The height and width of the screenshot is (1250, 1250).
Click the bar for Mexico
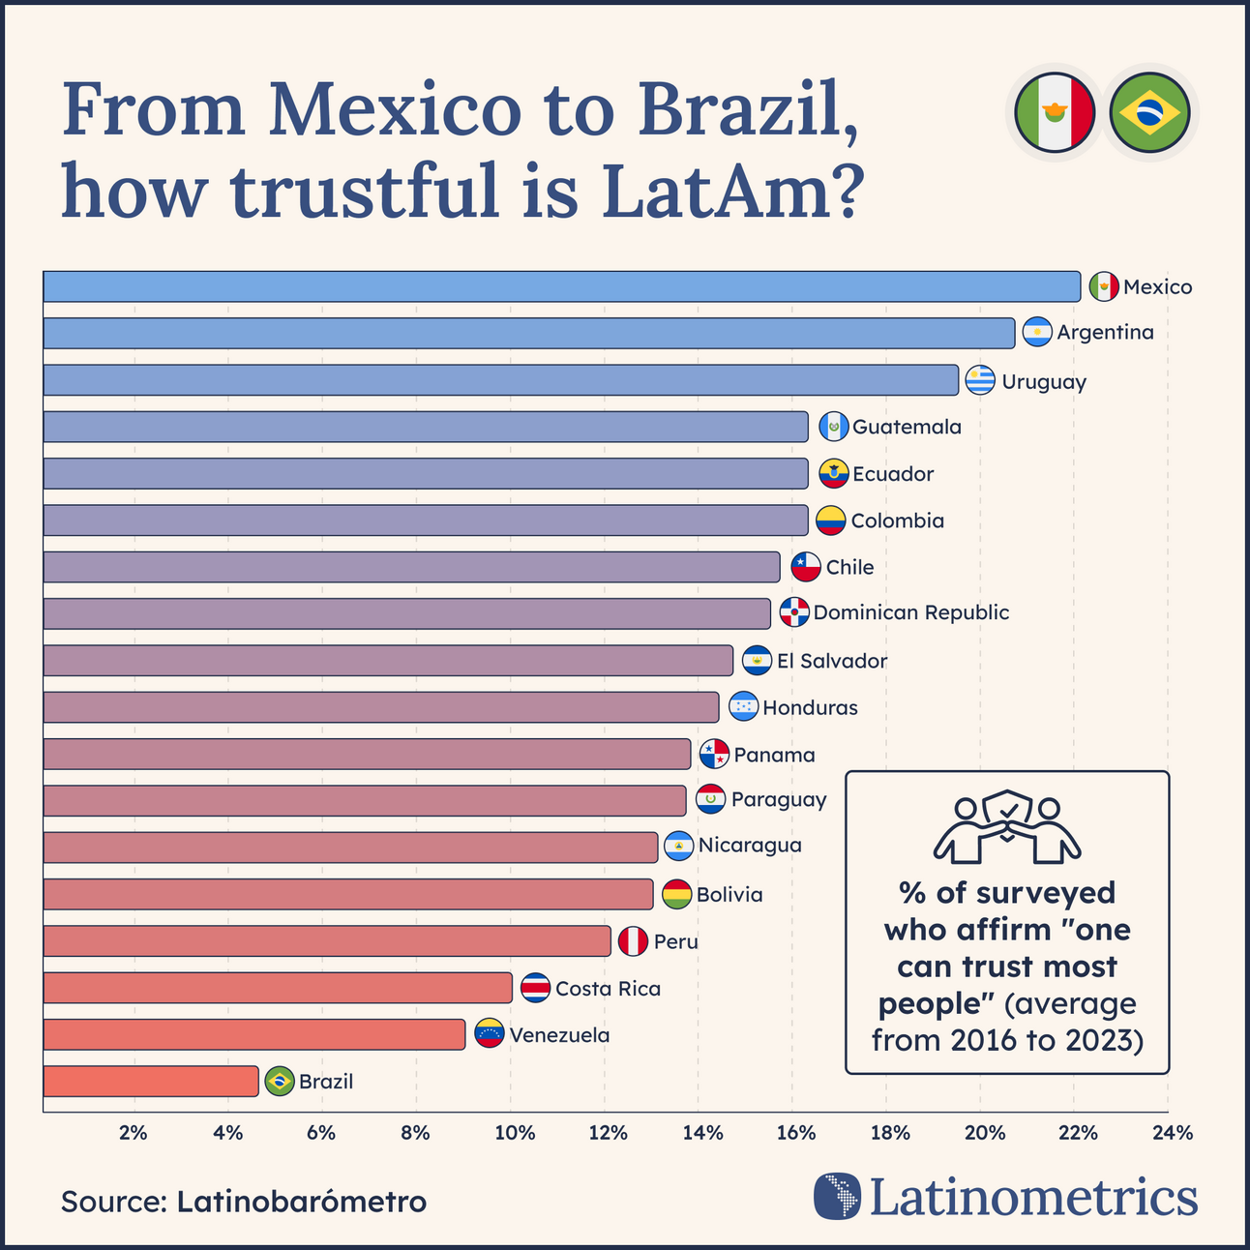coord(561,287)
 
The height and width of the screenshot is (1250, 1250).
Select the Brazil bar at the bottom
coord(151,1082)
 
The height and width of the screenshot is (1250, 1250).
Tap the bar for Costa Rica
coord(278,988)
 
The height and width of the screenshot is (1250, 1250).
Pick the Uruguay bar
coord(500,380)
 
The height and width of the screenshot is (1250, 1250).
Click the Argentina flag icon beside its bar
coord(1037,333)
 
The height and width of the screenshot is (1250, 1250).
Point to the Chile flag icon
coord(806,567)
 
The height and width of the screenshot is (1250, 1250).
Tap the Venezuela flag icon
coord(490,1034)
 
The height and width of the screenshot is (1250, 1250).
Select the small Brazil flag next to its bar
coord(280,1082)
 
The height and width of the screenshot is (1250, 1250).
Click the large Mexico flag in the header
coord(1055,112)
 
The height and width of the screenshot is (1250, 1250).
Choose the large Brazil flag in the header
coord(1149,112)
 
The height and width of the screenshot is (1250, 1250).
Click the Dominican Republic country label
coord(910,613)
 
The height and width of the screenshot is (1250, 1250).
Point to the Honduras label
coord(810,708)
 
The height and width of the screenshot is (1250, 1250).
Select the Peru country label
coord(675,941)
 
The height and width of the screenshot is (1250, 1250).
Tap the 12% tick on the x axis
coord(608,1133)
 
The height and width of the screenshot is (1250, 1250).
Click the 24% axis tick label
coord(1173,1133)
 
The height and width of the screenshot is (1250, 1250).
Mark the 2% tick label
coord(134,1133)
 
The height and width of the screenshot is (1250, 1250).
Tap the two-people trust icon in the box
coord(1007,829)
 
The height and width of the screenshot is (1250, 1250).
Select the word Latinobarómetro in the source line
coord(301,1202)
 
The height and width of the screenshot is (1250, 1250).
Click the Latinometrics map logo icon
coord(837,1197)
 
